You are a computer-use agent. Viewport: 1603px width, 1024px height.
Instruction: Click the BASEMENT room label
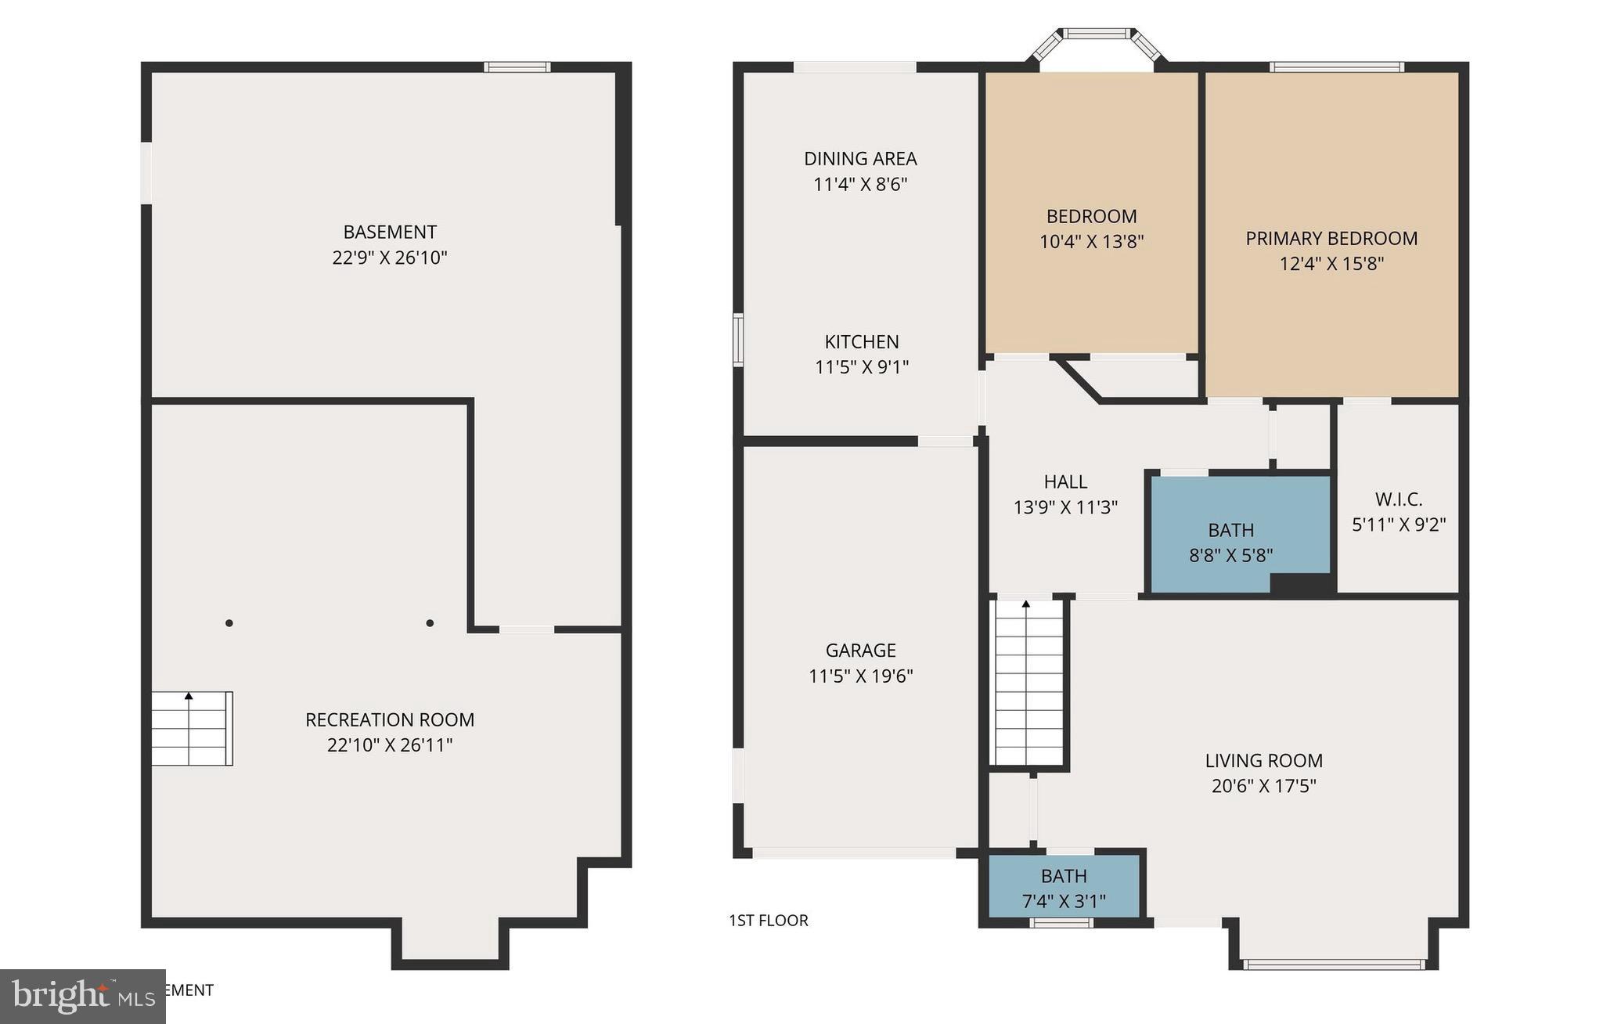click(390, 232)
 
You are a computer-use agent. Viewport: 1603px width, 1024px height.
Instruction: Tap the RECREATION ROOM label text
click(390, 719)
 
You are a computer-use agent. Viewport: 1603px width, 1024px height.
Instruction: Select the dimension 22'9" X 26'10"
click(390, 258)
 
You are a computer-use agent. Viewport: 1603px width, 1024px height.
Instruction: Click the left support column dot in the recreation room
click(229, 623)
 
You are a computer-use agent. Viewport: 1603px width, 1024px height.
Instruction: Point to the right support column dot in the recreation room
click(430, 623)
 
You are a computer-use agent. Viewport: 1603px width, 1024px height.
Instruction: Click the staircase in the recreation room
click(192, 728)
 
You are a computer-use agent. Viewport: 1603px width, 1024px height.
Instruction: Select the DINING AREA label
click(860, 159)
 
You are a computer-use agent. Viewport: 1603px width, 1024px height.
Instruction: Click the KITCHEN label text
click(862, 342)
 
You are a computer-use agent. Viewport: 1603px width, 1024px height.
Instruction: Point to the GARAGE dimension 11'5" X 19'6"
click(861, 676)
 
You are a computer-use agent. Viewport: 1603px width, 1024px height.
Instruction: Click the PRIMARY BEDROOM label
click(1331, 238)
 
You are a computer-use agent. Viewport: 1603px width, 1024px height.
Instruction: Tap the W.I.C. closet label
click(1399, 499)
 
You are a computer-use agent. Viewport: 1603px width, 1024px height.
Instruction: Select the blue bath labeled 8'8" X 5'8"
click(1231, 542)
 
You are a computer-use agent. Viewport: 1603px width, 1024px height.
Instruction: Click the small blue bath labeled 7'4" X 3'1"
click(1064, 888)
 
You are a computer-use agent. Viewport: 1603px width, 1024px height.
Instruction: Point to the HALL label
click(1065, 481)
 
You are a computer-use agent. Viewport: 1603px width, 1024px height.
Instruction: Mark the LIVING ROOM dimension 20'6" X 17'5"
click(1264, 786)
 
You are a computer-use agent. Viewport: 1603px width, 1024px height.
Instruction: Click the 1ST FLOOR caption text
click(769, 921)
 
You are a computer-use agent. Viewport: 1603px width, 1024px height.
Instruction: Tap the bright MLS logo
click(82, 996)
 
